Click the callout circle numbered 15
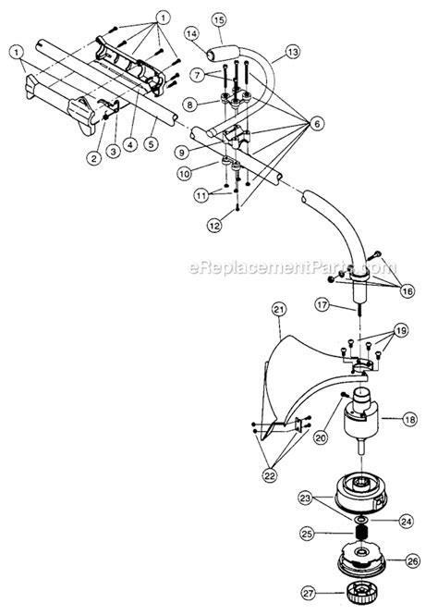coord(218,18)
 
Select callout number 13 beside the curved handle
coord(292,55)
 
